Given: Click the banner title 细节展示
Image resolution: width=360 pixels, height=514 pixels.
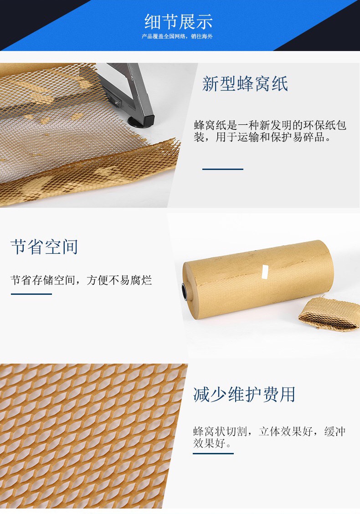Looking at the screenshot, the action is [179, 21].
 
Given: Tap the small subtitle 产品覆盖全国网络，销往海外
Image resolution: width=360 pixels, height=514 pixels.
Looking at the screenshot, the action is [177, 36].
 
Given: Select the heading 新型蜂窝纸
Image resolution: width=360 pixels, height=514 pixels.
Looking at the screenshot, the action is [245, 83].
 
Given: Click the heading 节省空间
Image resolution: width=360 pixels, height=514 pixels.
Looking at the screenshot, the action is [44, 247].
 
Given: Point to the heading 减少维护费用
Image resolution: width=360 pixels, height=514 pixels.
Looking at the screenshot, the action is [244, 394].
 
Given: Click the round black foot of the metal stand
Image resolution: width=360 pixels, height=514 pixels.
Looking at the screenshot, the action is [139, 122].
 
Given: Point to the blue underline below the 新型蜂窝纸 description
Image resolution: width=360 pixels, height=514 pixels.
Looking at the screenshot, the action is [223, 169].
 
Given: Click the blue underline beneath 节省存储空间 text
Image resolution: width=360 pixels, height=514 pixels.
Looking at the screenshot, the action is [31, 294].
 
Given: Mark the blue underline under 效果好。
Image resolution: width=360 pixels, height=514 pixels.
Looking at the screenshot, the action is [213, 454].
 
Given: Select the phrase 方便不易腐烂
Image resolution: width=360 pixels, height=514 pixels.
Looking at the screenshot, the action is [119, 280].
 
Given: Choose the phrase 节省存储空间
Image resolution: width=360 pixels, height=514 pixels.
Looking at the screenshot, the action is [43, 280].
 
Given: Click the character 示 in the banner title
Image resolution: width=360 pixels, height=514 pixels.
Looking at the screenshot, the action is [205, 21].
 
